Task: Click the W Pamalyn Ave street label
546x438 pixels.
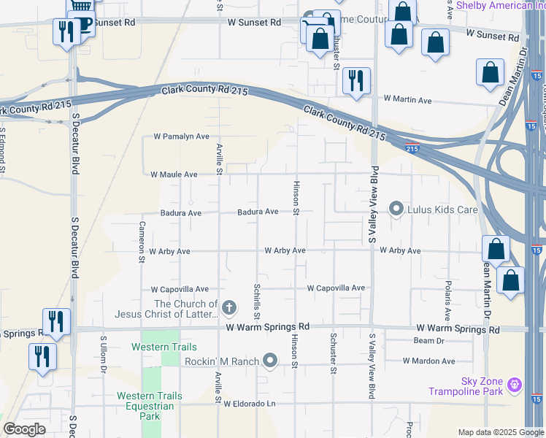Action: [181, 137]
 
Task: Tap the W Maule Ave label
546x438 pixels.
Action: [174, 174]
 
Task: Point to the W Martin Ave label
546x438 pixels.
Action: [407, 99]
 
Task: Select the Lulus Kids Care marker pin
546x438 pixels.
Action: [396, 210]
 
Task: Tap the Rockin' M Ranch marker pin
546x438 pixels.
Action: [271, 360]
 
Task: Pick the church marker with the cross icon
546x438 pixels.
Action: [229, 307]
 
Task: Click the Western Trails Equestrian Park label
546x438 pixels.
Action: [149, 406]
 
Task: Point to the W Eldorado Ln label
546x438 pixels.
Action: [251, 404]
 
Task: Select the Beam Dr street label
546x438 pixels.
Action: [428, 341]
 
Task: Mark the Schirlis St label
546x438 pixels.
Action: [257, 301]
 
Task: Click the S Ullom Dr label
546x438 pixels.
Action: [104, 355]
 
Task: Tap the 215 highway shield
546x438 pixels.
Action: [412, 148]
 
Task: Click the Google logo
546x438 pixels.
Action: [24, 429]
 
